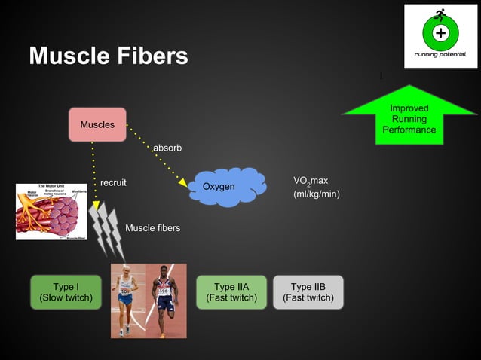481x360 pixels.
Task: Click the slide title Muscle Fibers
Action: (108, 56)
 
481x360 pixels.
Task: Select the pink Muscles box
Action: (97, 124)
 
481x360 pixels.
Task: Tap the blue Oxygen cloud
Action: (225, 186)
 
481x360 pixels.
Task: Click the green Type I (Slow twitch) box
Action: (66, 292)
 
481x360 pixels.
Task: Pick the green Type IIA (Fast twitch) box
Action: (231, 292)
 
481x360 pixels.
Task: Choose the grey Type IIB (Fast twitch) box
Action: (308, 292)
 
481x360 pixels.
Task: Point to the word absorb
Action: (167, 148)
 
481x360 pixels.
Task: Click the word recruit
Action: (113, 182)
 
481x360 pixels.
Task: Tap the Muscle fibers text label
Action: (152, 227)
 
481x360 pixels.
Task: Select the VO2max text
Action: (311, 181)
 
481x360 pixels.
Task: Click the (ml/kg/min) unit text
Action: (316, 194)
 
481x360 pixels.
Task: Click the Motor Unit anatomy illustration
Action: (51, 212)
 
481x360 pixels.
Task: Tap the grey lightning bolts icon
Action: (106, 229)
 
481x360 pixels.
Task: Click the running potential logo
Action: (440, 35)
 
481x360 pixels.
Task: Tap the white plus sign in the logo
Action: (440, 33)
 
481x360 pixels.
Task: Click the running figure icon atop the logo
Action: (440, 14)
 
